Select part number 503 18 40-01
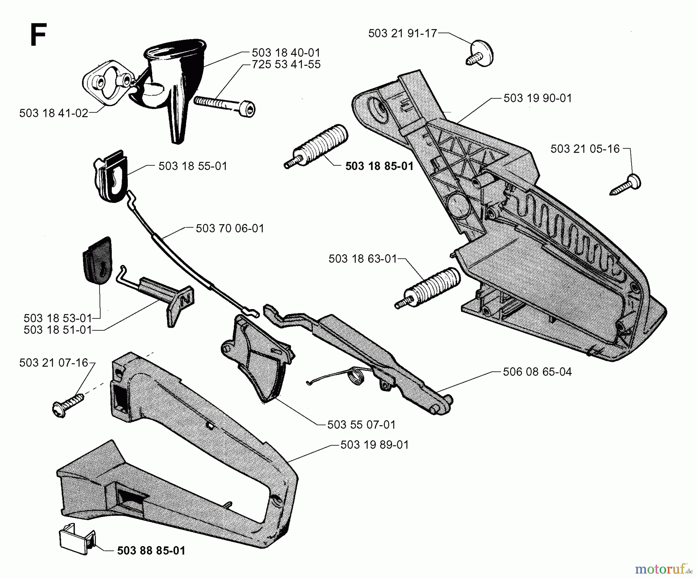point(286,53)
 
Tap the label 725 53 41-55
point(286,64)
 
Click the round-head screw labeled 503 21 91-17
point(481,53)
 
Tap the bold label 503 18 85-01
point(379,166)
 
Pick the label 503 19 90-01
point(537,98)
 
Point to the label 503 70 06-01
point(230,229)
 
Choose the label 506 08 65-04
point(537,372)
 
